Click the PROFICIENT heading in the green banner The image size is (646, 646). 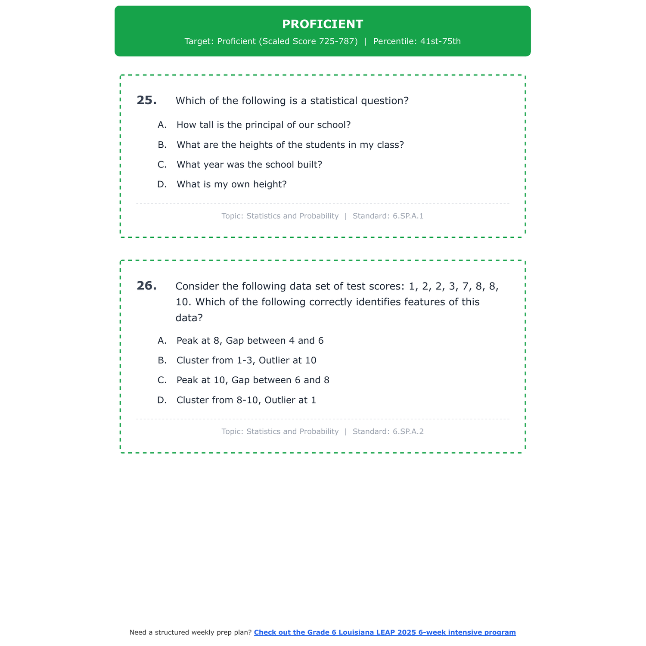pos(323,24)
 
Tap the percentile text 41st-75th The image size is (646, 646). pos(440,41)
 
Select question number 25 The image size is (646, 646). pos(146,100)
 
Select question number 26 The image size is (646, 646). pos(146,286)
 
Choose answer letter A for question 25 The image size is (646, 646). pos(162,125)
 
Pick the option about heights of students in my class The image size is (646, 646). pos(290,145)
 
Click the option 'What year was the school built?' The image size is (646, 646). pos(249,165)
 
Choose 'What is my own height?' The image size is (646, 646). pos(231,184)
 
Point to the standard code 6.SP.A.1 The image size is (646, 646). pos(408,216)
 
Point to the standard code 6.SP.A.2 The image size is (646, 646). pos(408,431)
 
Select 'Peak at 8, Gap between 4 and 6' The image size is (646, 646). pos(250,341)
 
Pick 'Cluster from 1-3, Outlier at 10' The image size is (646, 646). pos(246,360)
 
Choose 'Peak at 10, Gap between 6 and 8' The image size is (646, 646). pos(253,380)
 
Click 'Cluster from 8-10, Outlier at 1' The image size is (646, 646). pos(246,400)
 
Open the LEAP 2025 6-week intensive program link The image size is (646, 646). pos(385,632)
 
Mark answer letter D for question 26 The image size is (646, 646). pos(162,400)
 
